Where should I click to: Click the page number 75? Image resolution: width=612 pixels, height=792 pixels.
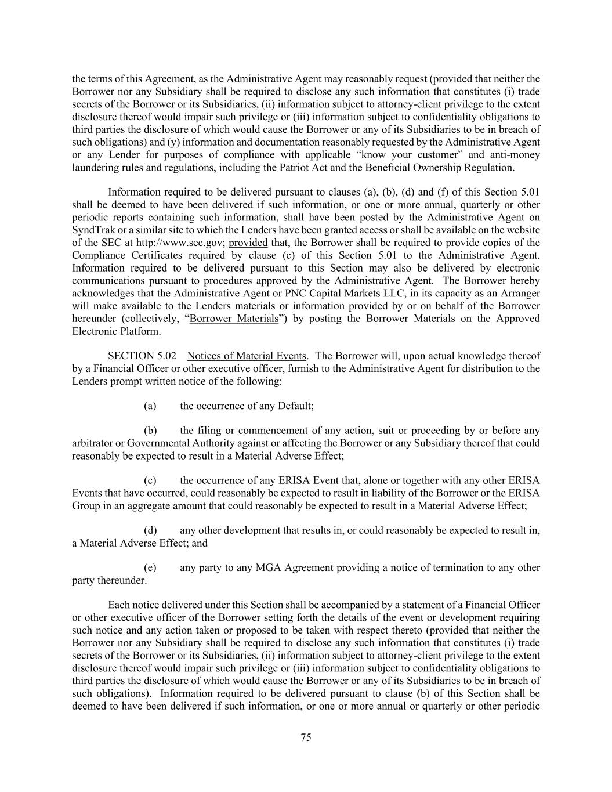pyautogui.click(x=306, y=737)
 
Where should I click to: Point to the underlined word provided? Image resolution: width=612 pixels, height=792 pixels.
pyautogui.click(x=248, y=243)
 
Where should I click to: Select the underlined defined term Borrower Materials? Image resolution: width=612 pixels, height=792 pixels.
pyautogui.click(x=234, y=319)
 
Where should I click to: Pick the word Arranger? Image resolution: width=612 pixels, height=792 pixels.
pyautogui.click(x=521, y=293)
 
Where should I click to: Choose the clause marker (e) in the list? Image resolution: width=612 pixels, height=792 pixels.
pyautogui.click(x=150, y=567)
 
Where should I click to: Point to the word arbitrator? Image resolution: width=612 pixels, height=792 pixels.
pyautogui.click(x=92, y=443)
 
